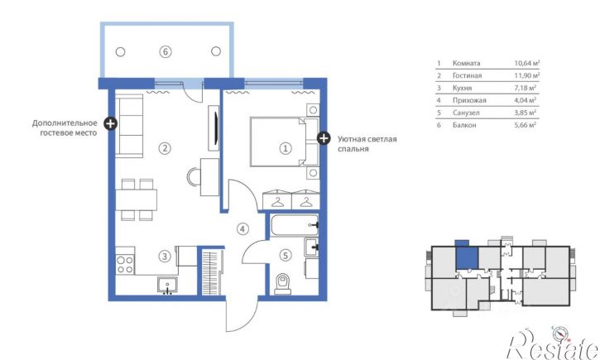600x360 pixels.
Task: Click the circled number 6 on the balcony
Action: [166, 51]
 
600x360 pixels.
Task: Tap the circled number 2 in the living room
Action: [165, 148]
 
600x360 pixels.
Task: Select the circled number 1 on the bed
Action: [285, 148]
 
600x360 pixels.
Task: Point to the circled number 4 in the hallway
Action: [242, 229]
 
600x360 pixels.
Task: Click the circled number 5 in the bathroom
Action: [285, 255]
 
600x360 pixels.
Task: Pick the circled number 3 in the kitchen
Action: [165, 256]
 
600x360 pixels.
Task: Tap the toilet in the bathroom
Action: [283, 284]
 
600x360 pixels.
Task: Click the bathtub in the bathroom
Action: [295, 225]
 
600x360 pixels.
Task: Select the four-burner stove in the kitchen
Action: [125, 265]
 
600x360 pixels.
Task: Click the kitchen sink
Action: [167, 286]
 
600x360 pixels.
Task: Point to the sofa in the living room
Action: [129, 126]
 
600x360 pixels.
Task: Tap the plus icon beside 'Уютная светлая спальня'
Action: [324, 138]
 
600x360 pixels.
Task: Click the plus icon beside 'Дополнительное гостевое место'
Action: [111, 123]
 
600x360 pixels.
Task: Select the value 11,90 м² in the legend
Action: [527, 75]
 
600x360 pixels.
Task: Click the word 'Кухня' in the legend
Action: [463, 88]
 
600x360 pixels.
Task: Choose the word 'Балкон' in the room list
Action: [464, 125]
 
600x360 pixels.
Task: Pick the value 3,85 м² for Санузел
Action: [525, 113]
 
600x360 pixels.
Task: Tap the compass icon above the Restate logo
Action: [559, 334]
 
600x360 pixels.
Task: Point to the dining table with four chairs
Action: [137, 199]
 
